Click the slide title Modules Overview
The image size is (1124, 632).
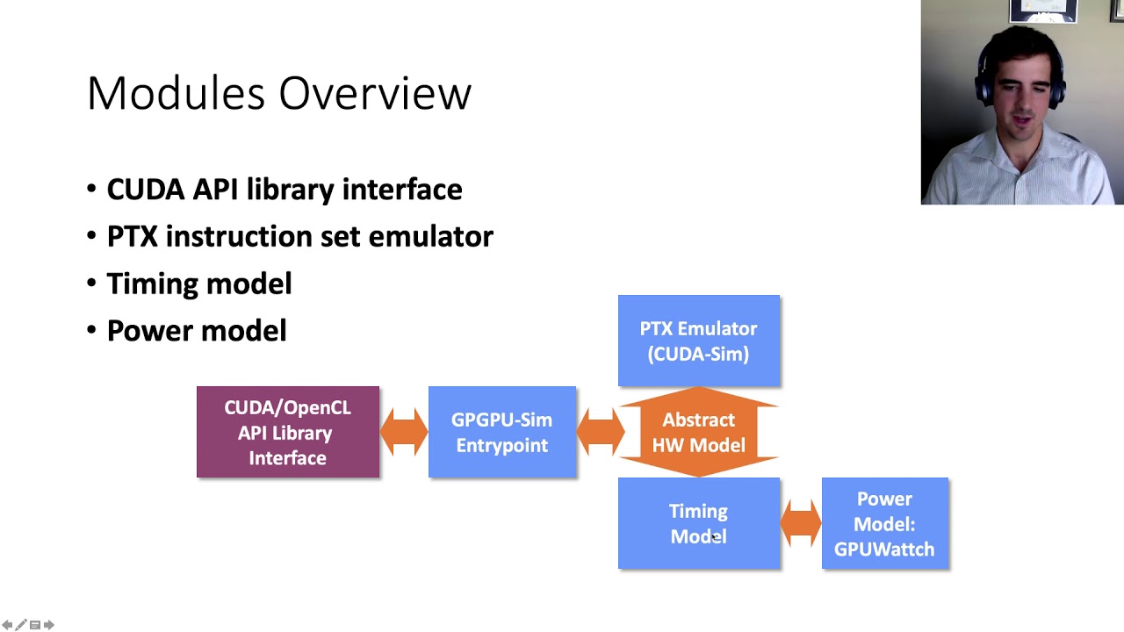pyautogui.click(x=279, y=93)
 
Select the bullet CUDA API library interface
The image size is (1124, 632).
pyautogui.click(x=284, y=190)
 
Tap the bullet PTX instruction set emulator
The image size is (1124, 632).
pyautogui.click(x=299, y=236)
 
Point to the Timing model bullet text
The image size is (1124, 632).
pyautogui.click(x=198, y=284)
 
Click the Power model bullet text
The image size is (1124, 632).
pyautogui.click(x=196, y=331)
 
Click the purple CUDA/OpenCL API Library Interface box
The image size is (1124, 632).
pyautogui.click(x=288, y=432)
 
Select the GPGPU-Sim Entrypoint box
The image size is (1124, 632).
pyautogui.click(x=501, y=432)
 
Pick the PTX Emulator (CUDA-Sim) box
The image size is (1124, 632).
pyautogui.click(x=698, y=341)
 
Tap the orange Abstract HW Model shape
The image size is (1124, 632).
pyautogui.click(x=698, y=432)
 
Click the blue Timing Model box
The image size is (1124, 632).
pyautogui.click(x=698, y=523)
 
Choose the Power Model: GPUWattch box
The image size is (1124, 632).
pyautogui.click(x=884, y=523)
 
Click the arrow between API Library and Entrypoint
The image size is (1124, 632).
pyautogui.click(x=404, y=432)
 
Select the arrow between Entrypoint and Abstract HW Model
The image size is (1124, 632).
pyautogui.click(x=600, y=432)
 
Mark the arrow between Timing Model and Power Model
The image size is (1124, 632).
pyautogui.click(x=801, y=523)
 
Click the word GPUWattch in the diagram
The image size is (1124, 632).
pyautogui.click(x=884, y=549)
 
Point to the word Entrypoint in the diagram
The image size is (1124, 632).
pyautogui.click(x=501, y=445)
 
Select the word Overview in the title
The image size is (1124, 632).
pyautogui.click(x=375, y=93)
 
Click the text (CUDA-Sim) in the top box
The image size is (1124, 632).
pyautogui.click(x=698, y=354)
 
